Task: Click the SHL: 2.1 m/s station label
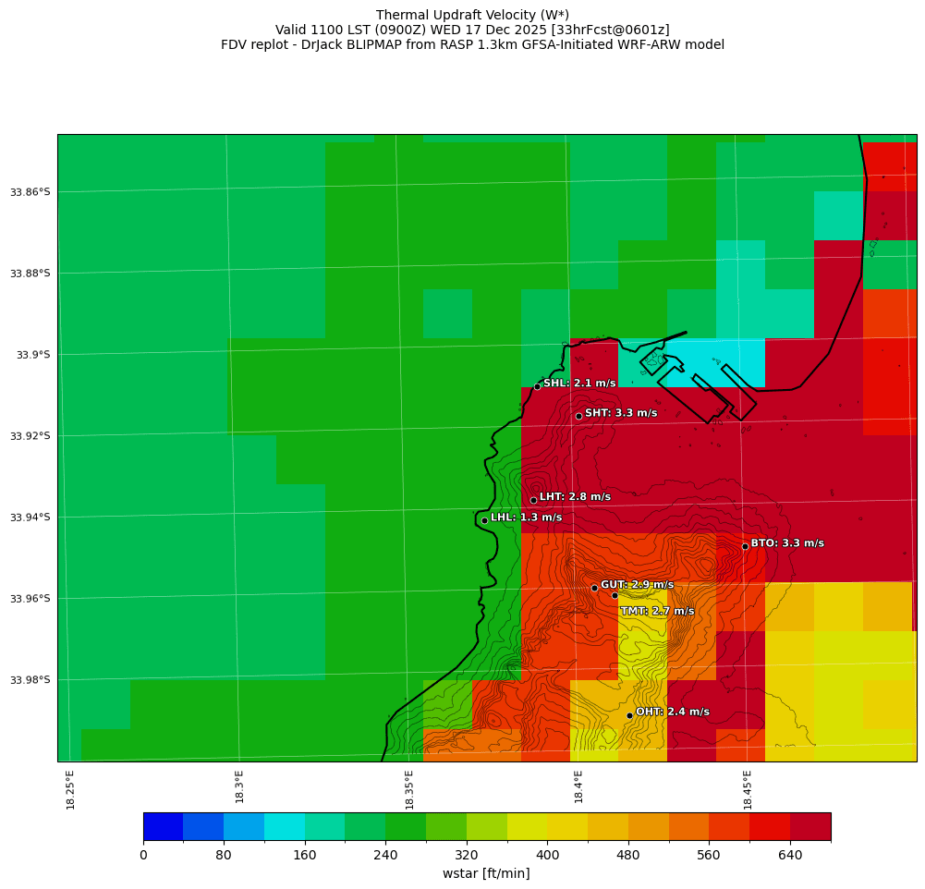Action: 579,384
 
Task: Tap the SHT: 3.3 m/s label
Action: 621,413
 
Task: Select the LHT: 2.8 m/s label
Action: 575,497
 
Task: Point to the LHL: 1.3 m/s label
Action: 526,518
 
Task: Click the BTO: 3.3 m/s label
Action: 787,543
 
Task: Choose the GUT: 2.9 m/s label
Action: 637,585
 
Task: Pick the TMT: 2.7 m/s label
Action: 657,611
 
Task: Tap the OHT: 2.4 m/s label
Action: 673,712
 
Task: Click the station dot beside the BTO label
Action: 745,546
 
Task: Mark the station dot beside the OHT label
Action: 629,715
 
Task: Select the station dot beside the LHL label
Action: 484,520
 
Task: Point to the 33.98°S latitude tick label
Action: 30,680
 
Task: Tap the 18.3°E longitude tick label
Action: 239,786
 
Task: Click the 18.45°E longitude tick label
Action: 748,789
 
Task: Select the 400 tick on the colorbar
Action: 547,855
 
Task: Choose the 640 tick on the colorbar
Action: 790,855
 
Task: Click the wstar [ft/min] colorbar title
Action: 486,873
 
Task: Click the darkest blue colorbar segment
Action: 163,826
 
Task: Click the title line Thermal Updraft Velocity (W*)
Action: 472,15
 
